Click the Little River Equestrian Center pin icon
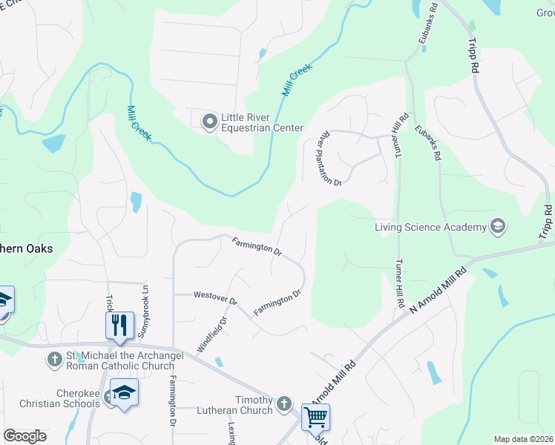point(210,121)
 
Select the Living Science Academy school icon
point(497,226)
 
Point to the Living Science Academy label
point(430,227)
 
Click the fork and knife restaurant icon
point(119,324)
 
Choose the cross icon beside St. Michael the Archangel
point(54,360)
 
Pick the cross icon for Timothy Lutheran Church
point(283,404)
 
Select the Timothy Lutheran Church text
point(234,404)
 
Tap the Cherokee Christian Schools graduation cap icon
point(124,393)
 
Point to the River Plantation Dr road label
point(329,159)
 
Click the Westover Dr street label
point(214,298)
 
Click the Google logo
point(25,435)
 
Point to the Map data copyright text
point(523,439)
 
